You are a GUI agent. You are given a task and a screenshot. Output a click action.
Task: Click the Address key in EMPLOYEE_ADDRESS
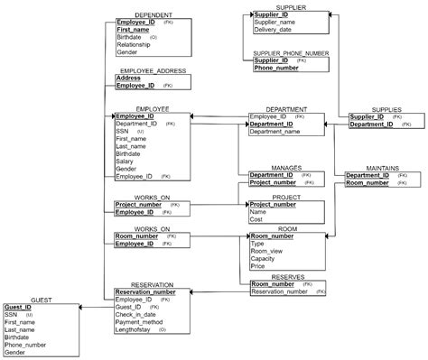coord(128,78)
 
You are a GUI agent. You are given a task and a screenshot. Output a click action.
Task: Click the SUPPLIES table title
coord(378,109)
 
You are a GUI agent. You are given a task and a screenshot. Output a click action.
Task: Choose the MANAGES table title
coord(286,168)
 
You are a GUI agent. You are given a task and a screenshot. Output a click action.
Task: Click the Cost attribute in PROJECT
coord(257,219)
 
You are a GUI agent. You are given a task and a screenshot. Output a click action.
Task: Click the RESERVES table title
coord(286,276)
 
